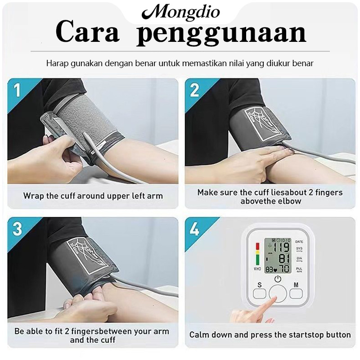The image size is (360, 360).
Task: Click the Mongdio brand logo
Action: click(x=181, y=12)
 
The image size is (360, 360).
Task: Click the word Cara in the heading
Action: click(x=87, y=32)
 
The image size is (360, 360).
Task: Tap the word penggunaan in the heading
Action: click(x=221, y=33)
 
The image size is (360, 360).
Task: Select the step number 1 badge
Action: click(x=17, y=90)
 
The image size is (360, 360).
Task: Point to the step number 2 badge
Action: click(x=194, y=90)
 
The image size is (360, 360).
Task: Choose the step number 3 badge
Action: click(x=17, y=229)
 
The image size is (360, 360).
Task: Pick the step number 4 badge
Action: click(x=194, y=229)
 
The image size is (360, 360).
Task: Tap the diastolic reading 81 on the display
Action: click(x=284, y=258)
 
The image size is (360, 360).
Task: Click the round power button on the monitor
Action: click(x=278, y=294)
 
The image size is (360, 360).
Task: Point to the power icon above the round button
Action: click(x=278, y=279)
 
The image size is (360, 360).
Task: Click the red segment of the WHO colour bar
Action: click(x=257, y=246)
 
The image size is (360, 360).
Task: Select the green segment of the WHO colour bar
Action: click(x=257, y=260)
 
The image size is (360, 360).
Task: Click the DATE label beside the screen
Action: click(x=299, y=242)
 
